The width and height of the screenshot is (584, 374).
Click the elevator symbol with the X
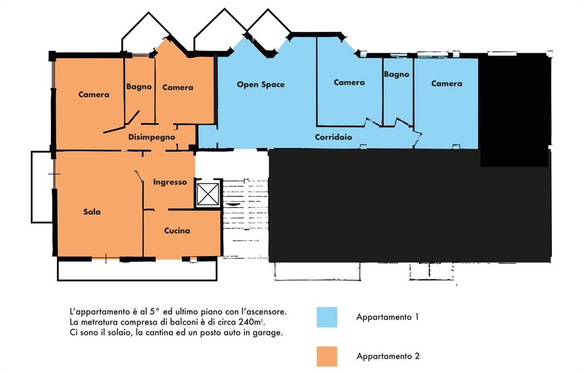207,194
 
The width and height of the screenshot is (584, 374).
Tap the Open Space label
260,85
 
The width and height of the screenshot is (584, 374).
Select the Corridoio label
333,137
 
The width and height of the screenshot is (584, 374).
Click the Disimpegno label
151,137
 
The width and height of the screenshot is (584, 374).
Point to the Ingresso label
170,182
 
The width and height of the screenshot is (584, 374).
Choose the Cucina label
177,230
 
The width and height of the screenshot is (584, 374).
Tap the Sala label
92,211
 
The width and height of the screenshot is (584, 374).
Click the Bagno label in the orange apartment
139,87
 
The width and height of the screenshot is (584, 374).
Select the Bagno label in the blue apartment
396,75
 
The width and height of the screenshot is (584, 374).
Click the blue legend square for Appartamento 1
327,317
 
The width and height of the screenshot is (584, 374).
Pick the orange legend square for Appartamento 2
327,356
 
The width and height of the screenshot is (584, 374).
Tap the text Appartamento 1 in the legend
387,317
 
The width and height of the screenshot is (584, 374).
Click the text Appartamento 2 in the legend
388,356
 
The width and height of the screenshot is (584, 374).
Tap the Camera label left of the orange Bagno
93,94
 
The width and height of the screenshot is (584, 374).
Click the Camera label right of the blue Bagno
447,83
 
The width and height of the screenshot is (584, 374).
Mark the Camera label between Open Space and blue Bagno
349,82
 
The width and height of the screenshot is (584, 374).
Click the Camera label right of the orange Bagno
178,87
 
